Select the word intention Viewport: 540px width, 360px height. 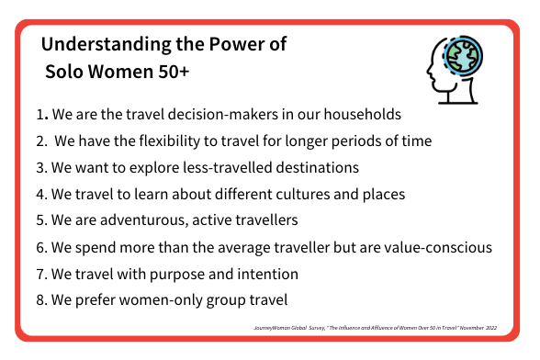tap(269, 273)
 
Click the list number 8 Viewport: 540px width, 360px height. tap(39, 299)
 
